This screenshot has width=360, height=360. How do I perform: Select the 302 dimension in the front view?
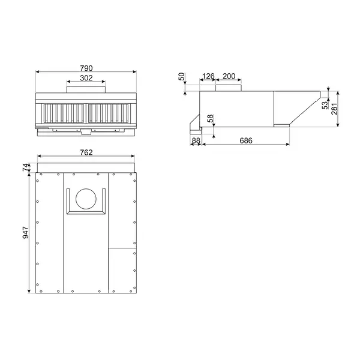(86, 77)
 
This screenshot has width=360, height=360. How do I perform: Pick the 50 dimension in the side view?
(182, 77)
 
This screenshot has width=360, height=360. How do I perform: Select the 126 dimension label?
(208, 76)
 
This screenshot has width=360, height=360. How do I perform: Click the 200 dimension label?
(229, 76)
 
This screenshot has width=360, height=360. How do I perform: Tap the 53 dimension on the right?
(325, 106)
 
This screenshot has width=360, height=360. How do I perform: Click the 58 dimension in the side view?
(211, 119)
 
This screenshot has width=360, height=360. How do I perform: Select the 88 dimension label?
(196, 140)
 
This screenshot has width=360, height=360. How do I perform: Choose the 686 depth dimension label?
(245, 140)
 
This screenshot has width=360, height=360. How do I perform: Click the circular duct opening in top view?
(86, 199)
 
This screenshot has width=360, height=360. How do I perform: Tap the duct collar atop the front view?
(86, 89)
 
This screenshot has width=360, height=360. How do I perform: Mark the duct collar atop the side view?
(229, 89)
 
